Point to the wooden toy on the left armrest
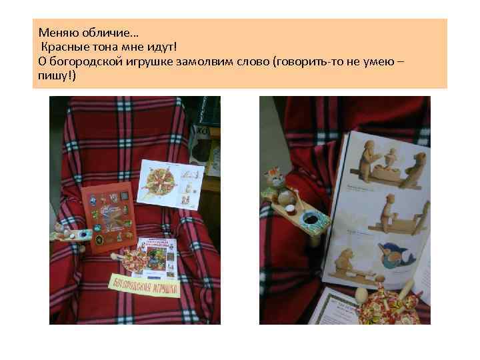click(67, 235)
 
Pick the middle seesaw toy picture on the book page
click(383, 217)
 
